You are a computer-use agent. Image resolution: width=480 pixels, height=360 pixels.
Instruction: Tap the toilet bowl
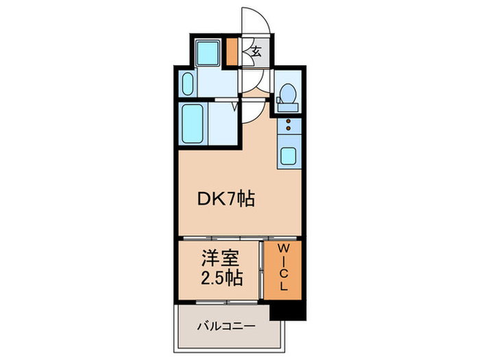tap(288, 93)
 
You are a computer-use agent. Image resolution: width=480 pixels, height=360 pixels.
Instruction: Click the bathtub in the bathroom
tap(193, 124)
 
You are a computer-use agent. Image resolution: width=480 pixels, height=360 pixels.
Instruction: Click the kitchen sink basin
tap(288, 155)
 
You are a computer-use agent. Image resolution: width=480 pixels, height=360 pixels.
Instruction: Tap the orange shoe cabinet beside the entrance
tap(232, 51)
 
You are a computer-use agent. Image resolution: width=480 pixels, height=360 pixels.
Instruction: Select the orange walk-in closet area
tap(283, 271)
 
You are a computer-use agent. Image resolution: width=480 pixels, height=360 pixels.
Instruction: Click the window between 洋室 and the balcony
tap(220, 301)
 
